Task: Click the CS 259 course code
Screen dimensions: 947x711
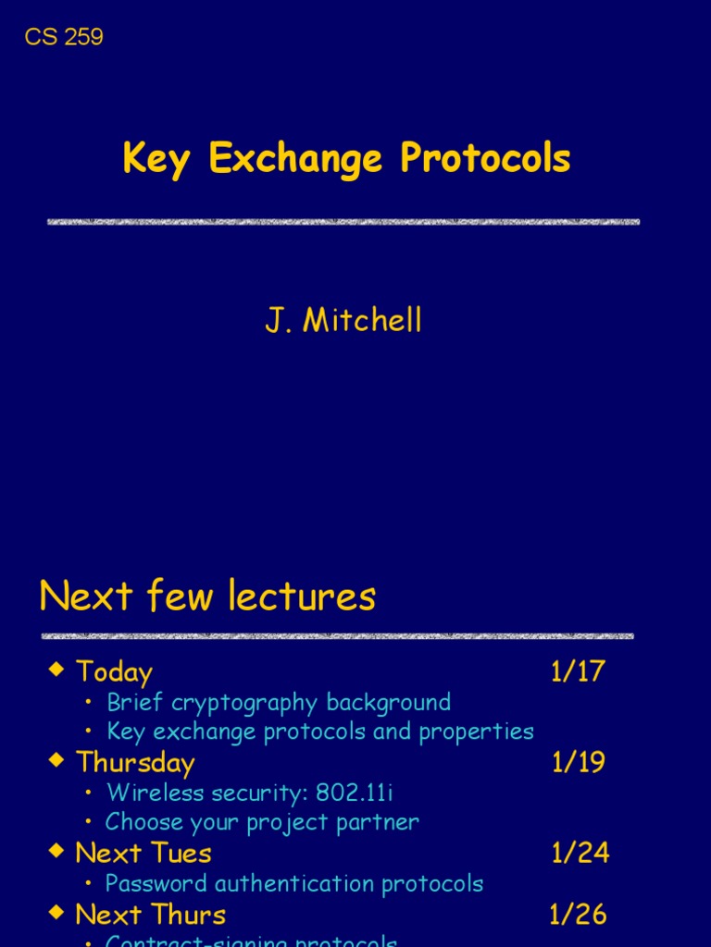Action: (64, 37)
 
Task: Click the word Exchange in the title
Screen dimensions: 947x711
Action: (295, 159)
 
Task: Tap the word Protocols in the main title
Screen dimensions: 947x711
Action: (485, 159)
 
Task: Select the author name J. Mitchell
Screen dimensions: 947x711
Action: (343, 321)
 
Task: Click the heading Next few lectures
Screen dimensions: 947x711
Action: (207, 596)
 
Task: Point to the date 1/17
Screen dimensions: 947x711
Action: (578, 672)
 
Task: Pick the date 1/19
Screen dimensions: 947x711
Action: (579, 762)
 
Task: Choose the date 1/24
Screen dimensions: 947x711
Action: (580, 853)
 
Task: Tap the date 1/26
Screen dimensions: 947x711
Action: (579, 915)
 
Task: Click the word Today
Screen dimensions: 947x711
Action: (114, 672)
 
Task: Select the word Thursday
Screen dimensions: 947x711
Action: (135, 762)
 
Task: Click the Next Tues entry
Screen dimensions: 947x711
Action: (143, 853)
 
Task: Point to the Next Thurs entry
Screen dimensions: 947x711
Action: (151, 915)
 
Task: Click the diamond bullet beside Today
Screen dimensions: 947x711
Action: (57, 669)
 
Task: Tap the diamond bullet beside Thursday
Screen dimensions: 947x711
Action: (57, 759)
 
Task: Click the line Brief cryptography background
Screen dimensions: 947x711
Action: (279, 702)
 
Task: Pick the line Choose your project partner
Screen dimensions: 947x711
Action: (262, 821)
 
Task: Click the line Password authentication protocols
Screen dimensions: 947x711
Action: (294, 883)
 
